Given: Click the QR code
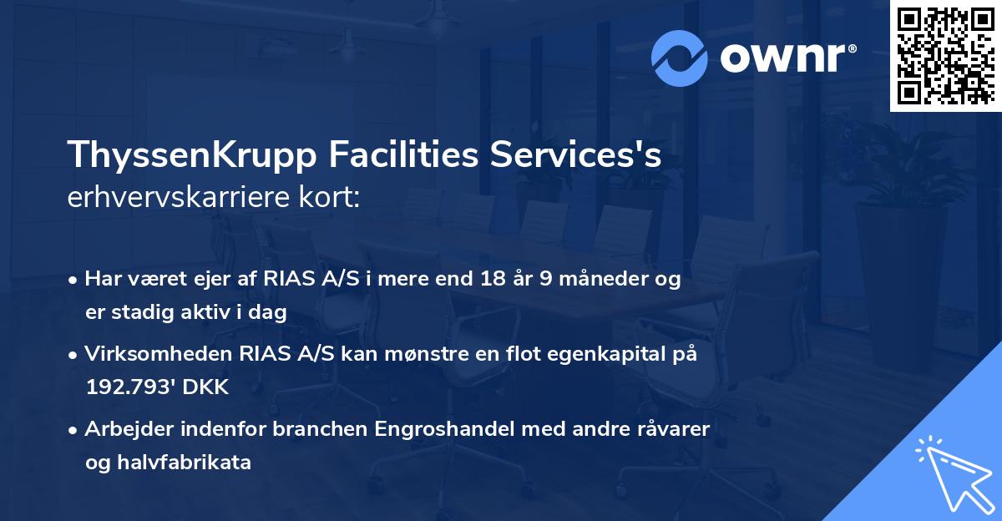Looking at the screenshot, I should point(945,56).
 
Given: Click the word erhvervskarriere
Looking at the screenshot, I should point(183,199).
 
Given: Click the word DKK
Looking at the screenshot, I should point(205,387).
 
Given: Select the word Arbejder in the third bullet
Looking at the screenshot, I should point(123,429).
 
